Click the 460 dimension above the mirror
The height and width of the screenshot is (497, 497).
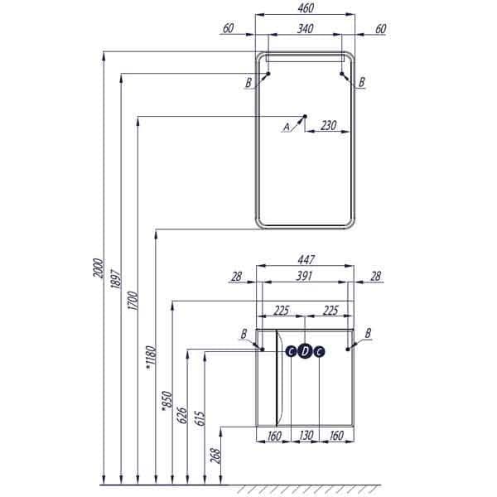305,9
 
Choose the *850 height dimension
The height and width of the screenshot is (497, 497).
166,398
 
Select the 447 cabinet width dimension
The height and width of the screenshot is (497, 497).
305,258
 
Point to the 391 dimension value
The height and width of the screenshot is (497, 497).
305,277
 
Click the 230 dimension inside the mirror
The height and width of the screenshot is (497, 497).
328,125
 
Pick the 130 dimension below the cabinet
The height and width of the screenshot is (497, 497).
305,437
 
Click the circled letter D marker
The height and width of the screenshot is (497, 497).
305,351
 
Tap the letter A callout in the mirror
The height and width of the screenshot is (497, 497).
287,127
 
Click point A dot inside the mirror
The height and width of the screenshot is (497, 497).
305,116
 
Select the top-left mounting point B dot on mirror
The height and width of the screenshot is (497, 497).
267,75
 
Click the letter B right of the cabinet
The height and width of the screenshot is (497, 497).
368,332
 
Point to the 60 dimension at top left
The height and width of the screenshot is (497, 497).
229,29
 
